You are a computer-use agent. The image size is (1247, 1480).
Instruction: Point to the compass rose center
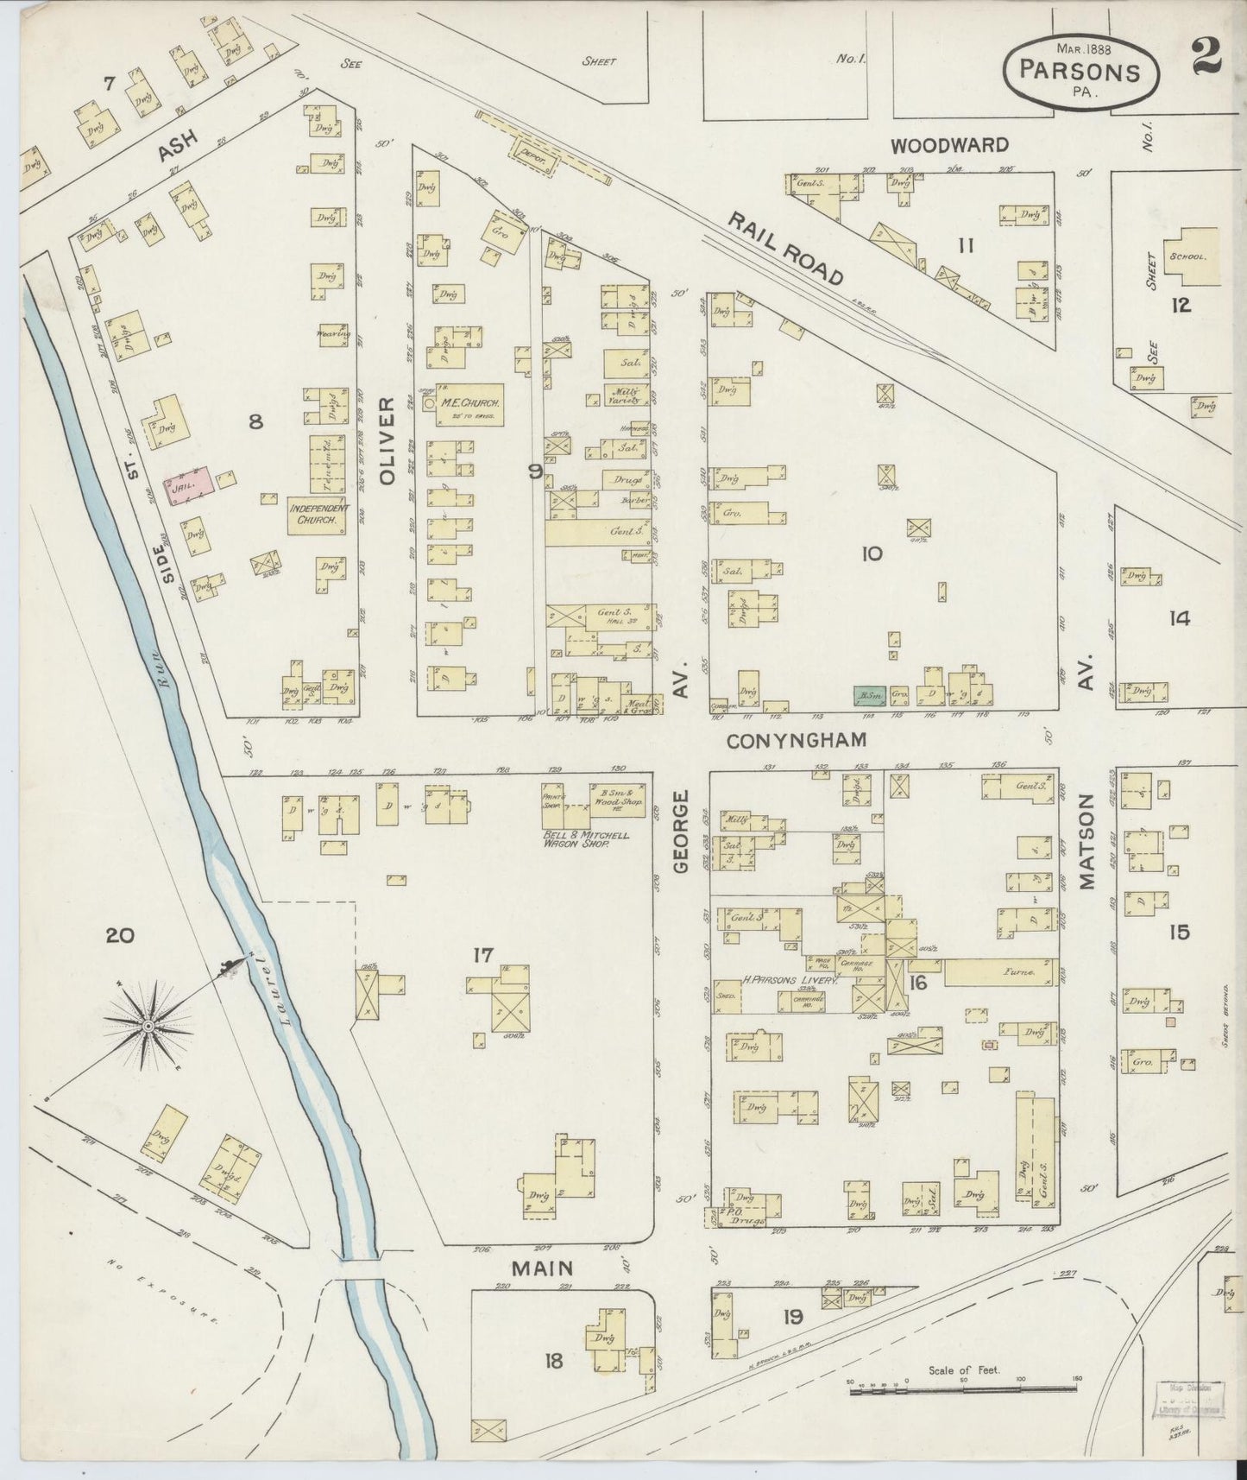pyautogui.click(x=148, y=1025)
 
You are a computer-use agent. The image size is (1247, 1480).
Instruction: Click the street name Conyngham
pyautogui.click(x=795, y=741)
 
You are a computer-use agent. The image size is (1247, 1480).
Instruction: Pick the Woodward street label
pyautogui.click(x=949, y=145)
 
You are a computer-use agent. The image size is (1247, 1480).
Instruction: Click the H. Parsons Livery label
pyautogui.click(x=790, y=981)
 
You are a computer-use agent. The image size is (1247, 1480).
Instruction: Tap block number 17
pyautogui.click(x=482, y=954)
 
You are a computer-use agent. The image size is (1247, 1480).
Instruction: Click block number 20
pyautogui.click(x=120, y=934)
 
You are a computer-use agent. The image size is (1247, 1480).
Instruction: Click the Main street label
pyautogui.click(x=542, y=1268)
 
